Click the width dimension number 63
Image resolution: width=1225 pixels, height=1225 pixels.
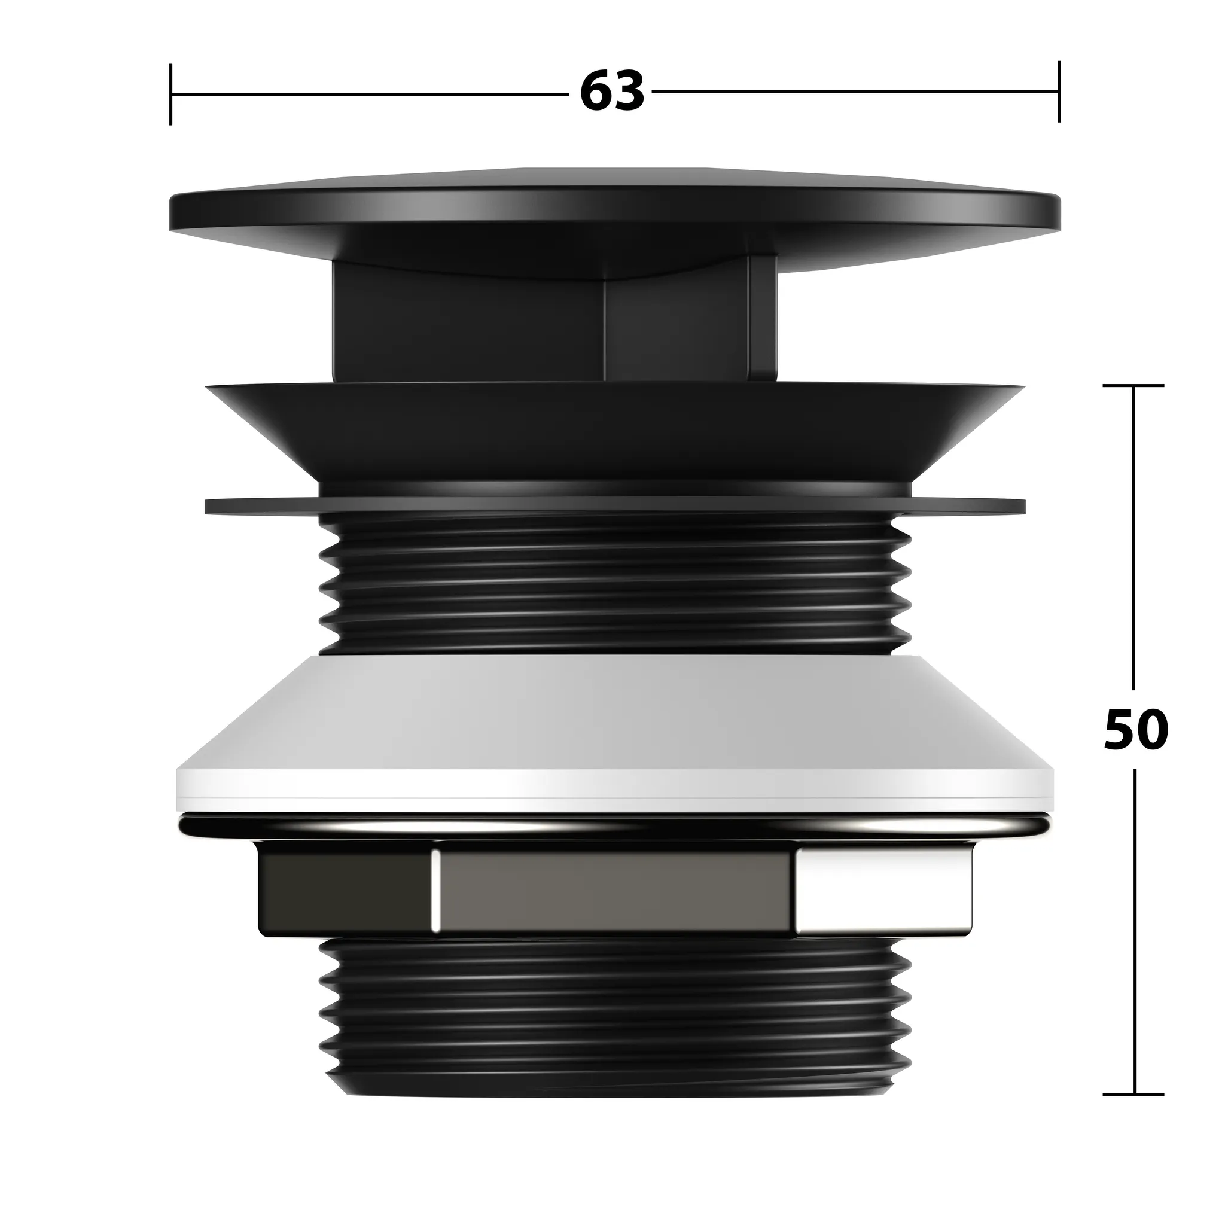point(612,93)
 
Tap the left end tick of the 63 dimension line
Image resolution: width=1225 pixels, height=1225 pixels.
point(170,94)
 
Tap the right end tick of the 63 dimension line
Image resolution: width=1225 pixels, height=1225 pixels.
point(1058,92)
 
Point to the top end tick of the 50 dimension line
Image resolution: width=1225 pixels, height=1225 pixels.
point(1133,386)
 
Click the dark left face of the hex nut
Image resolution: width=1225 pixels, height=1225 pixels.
point(346,891)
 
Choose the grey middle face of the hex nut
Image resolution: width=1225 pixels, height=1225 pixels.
point(614,891)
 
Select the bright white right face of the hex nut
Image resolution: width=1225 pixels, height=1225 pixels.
point(884,891)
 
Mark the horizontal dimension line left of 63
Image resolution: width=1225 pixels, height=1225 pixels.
point(368,95)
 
